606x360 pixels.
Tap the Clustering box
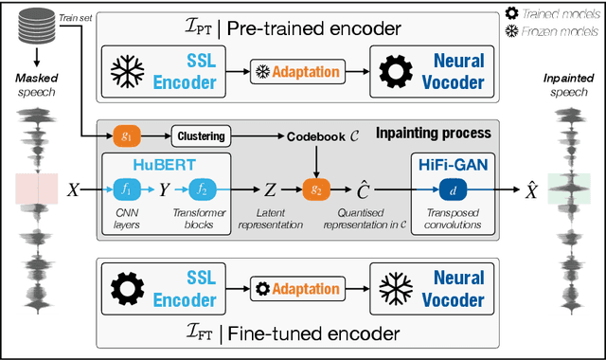click(200, 135)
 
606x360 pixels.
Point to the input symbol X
click(73, 189)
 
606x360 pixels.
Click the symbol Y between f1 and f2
click(166, 189)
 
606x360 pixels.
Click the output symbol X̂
click(533, 189)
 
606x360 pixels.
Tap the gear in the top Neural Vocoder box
click(393, 71)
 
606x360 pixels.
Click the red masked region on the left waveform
click(35, 189)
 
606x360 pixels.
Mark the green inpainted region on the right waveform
click(569, 189)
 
